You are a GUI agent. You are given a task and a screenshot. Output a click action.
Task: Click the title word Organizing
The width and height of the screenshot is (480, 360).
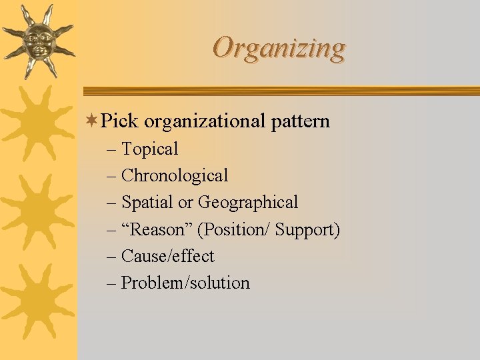(279, 48)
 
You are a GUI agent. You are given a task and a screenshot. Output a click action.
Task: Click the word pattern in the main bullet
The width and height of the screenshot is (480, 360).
(301, 122)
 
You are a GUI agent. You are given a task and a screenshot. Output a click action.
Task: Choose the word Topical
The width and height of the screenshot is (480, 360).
(149, 149)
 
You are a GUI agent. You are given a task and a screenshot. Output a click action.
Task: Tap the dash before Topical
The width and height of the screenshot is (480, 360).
(111, 150)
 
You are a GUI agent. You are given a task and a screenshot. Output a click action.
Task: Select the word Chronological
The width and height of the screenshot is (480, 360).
(175, 176)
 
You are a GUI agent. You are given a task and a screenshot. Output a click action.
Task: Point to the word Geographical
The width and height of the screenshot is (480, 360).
(248, 203)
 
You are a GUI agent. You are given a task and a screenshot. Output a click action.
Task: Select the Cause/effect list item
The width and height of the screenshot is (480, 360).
(167, 257)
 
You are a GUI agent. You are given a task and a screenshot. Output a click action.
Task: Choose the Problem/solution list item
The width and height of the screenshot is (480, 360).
(185, 283)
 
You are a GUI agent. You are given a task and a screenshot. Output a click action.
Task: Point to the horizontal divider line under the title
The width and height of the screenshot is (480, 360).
(280, 91)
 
